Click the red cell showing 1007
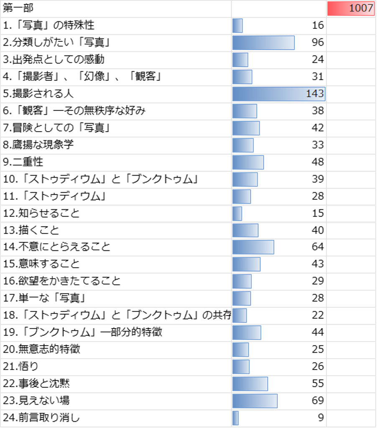click(x=351, y=9)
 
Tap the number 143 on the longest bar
click(x=315, y=94)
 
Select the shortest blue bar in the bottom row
click(x=235, y=418)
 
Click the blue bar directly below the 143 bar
click(x=245, y=111)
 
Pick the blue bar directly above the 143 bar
click(x=242, y=77)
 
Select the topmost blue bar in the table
click(x=237, y=26)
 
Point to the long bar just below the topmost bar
click(x=263, y=43)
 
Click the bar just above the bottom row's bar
click(x=255, y=401)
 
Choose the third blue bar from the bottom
click(x=250, y=384)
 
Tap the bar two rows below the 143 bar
click(x=246, y=128)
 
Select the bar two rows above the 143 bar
click(x=240, y=60)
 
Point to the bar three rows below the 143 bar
click(x=243, y=145)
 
